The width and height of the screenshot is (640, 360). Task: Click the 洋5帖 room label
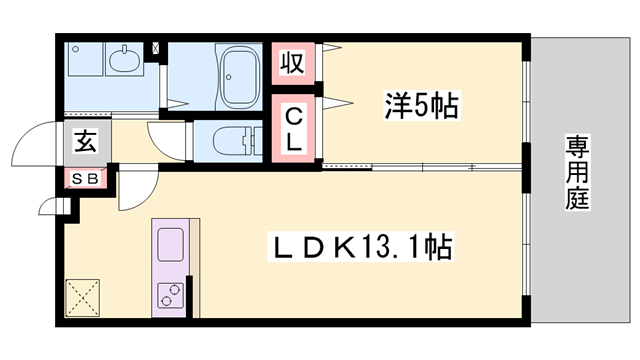(420, 106)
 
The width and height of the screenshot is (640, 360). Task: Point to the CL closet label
(292, 128)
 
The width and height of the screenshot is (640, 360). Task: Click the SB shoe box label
(84, 179)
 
